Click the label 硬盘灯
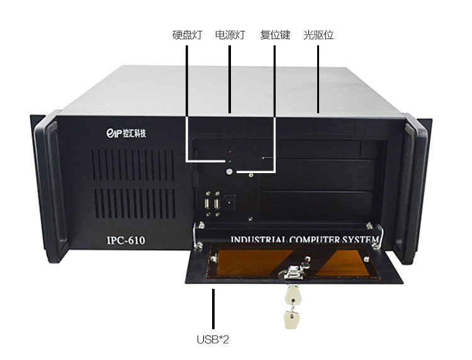[x=188, y=35]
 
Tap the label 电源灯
[x=230, y=35]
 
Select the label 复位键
[x=275, y=35]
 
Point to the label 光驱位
[x=318, y=35]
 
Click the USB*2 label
[x=213, y=339]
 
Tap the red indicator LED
[x=229, y=152]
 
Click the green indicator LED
[x=229, y=162]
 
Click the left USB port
[x=208, y=204]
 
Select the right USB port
[x=216, y=204]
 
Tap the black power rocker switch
[x=229, y=202]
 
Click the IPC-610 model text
[x=126, y=240]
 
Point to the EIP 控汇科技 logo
[x=126, y=133]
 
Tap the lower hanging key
[x=291, y=319]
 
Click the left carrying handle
[x=51, y=188]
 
